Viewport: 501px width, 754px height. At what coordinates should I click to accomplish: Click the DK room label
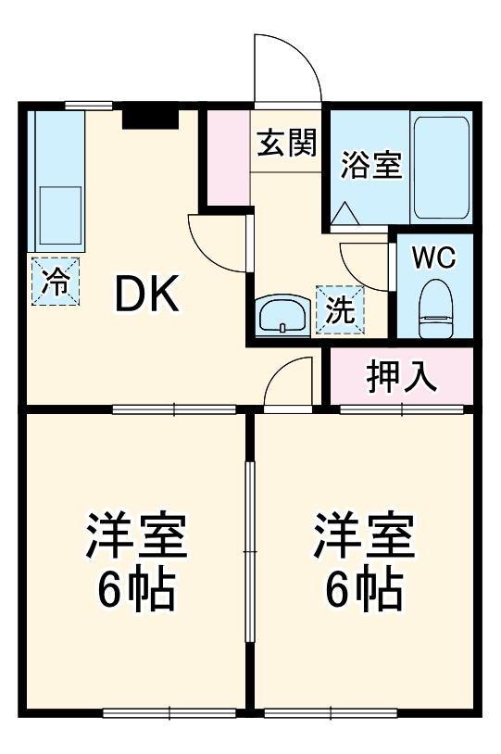[146, 295]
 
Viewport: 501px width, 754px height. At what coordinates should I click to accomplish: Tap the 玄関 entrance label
[286, 145]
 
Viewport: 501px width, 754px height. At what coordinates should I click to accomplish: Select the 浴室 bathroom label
[370, 166]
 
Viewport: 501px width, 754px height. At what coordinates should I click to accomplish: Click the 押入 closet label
[401, 376]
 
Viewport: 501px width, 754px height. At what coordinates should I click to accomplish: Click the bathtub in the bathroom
[441, 167]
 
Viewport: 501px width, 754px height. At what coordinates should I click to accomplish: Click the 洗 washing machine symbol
[340, 309]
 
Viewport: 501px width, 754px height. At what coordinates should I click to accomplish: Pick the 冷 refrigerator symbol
[55, 281]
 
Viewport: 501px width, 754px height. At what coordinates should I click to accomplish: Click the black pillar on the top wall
[150, 118]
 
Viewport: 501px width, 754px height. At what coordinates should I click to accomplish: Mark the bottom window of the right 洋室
[330, 712]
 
